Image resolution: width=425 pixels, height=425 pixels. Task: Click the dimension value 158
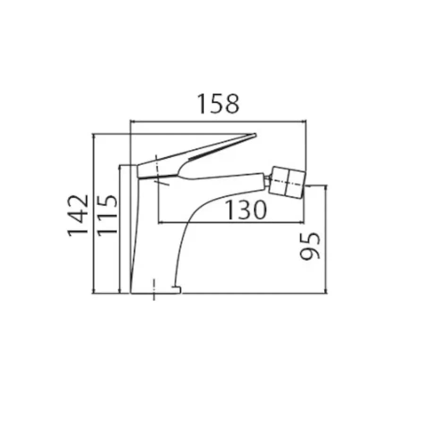coord(219,104)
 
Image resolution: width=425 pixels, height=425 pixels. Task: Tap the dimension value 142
coord(78,215)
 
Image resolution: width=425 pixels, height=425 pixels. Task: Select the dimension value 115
coord(107,215)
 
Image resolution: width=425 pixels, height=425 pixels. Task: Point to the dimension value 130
coord(246,210)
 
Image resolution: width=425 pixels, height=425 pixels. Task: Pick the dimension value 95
coord(310,246)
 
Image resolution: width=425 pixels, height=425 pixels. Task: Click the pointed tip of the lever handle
coord(255,134)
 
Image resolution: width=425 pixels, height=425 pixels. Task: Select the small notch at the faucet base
coord(176,289)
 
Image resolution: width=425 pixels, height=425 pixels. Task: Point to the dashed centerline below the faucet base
coord(154,289)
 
